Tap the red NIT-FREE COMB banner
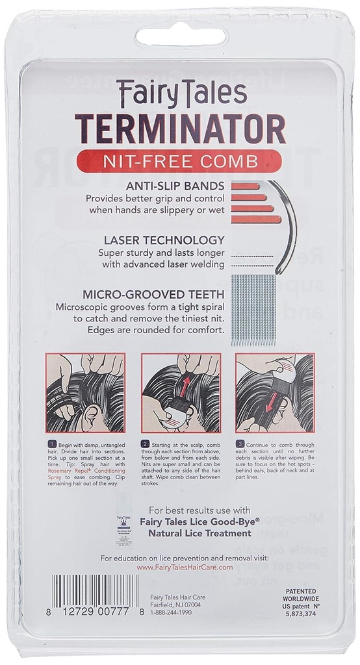click(x=179, y=160)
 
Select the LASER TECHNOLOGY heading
click(x=161, y=240)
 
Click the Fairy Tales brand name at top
click(x=180, y=94)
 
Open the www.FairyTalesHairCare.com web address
click(x=185, y=567)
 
